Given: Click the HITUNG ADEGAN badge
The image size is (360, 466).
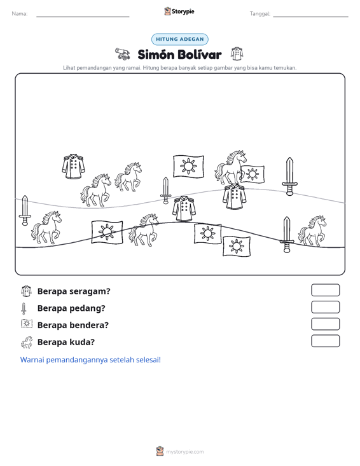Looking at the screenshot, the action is pos(179,39).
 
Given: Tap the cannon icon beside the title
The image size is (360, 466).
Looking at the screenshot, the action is pos(123,54).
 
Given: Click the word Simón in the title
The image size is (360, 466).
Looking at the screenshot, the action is pos(155,55).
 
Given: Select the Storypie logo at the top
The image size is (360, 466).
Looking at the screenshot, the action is pos(179,11).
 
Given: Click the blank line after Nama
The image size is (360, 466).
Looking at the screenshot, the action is pos(83,17).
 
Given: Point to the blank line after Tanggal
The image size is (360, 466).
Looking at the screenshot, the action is pos(310,17).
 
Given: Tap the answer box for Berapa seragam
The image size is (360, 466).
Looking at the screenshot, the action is pos(325,290).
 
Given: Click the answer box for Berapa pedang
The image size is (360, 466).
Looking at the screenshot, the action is pos(325,307).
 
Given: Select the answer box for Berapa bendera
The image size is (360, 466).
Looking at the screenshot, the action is pos(325,324).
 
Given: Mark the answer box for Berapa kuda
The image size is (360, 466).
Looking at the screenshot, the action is pos(325,341).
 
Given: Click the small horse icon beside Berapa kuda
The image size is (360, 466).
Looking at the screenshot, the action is pos(27,343).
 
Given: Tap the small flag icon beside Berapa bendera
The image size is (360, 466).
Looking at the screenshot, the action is pos(27,324).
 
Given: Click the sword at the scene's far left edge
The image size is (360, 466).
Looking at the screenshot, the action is pos(25,210).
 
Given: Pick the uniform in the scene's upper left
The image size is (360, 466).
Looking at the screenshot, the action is pos(73,166).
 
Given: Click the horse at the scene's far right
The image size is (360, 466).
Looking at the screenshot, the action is pos(312,231).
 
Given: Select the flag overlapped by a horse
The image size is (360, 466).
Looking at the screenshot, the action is pos(253,174).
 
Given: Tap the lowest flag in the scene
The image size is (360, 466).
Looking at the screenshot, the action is pos(237,246).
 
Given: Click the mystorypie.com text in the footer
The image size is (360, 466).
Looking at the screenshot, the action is pos(184,452).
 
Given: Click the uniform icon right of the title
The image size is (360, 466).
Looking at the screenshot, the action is pos(237,54).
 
